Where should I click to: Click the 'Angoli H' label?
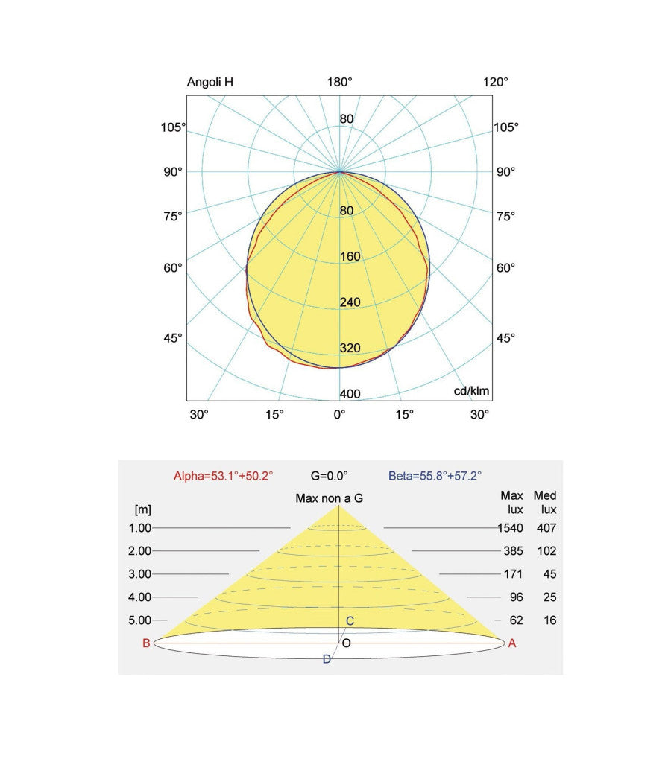(210, 83)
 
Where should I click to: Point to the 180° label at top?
(340, 83)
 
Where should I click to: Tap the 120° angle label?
(495, 83)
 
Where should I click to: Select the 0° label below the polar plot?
(339, 414)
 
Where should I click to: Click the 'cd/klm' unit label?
(472, 391)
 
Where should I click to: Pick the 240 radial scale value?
(350, 302)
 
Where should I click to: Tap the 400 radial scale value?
(350, 395)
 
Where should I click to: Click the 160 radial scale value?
(350, 257)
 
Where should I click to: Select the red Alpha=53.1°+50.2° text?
(224, 475)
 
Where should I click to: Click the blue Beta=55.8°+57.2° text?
(435, 475)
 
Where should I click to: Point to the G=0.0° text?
(329, 475)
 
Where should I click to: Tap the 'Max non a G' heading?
(330, 498)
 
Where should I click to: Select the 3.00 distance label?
(139, 574)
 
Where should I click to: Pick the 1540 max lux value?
(510, 528)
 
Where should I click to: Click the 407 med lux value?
(545, 528)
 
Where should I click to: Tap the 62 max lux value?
(515, 620)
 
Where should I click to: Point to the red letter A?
(511, 644)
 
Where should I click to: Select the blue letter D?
(327, 659)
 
